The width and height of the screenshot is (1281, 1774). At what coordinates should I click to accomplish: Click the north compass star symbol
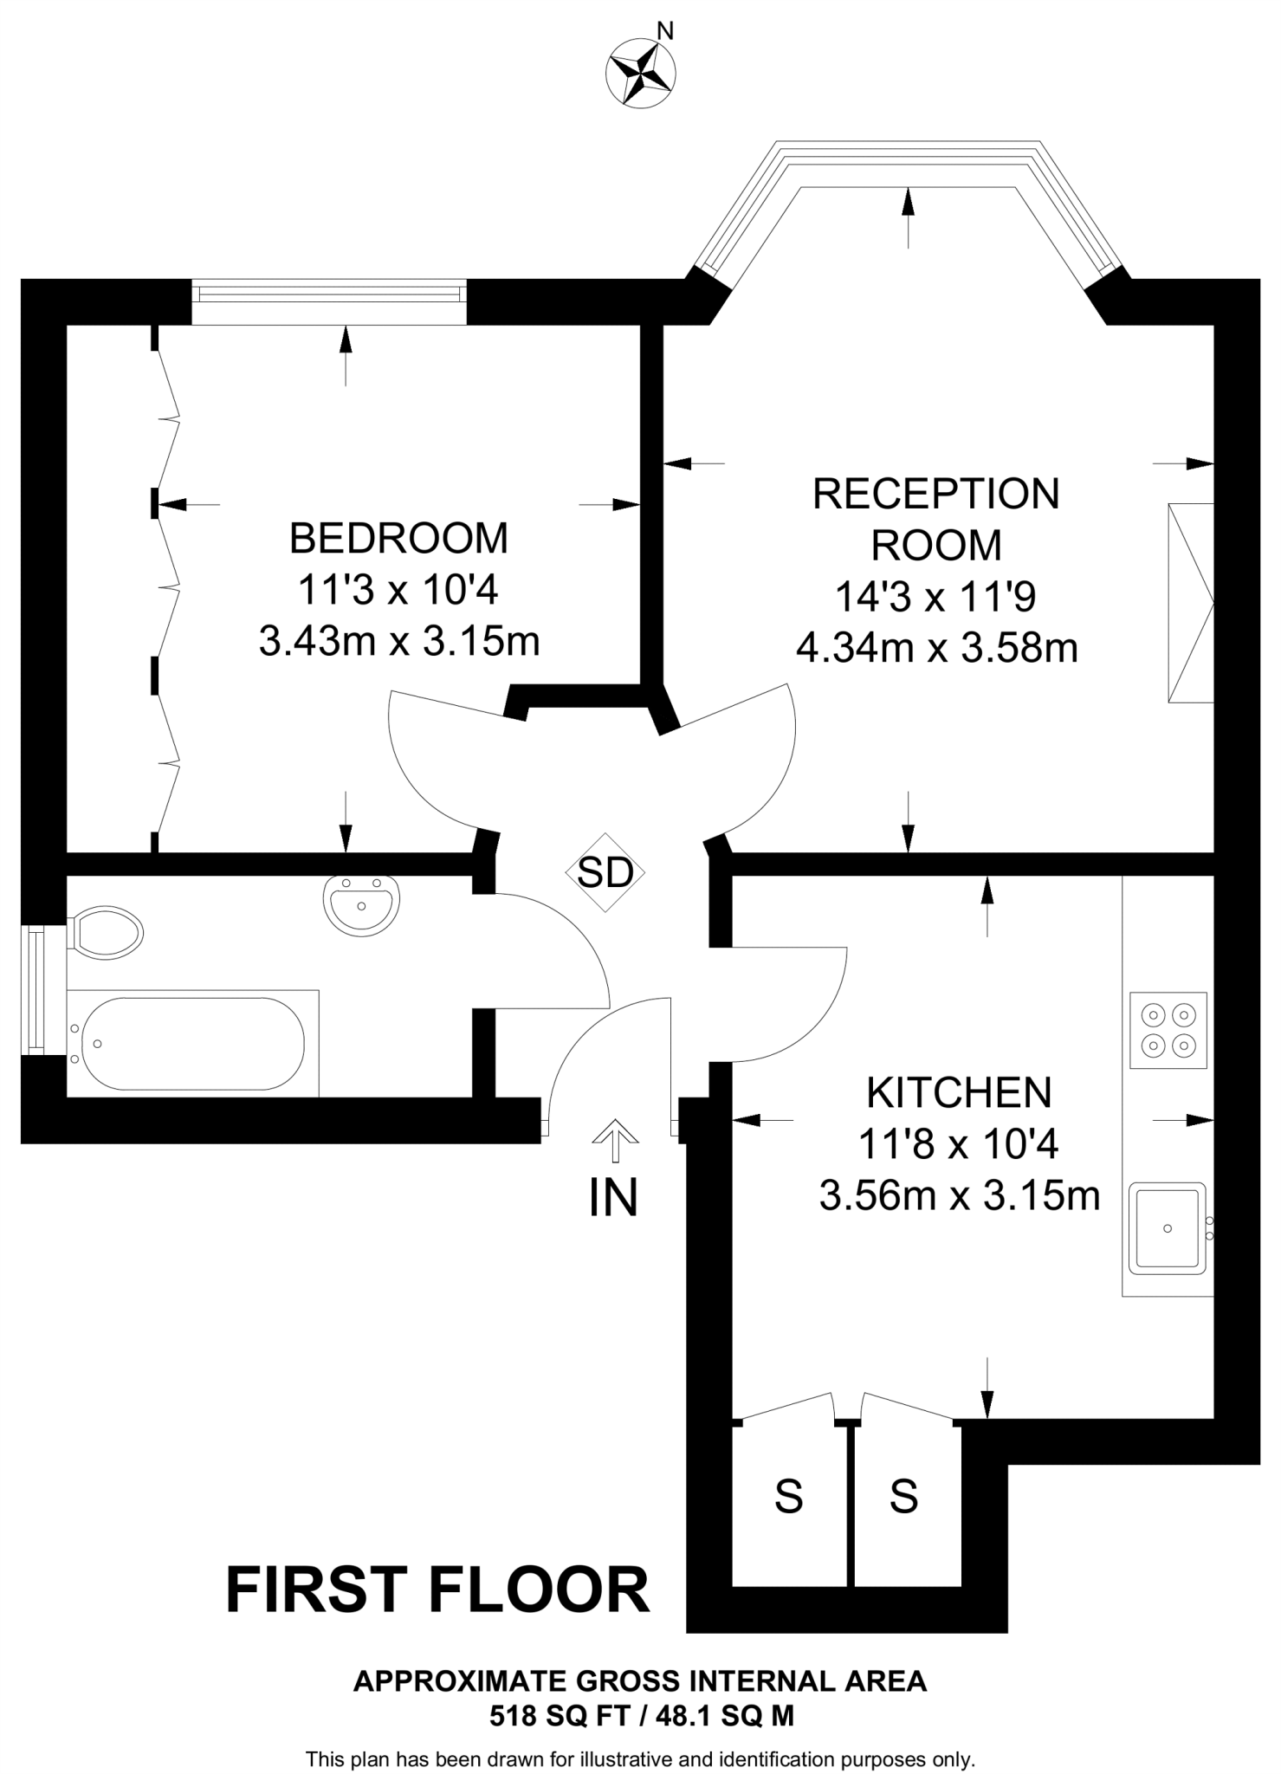pyautogui.click(x=641, y=74)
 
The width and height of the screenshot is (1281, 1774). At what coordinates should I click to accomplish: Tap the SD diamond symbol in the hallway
pyautogui.click(x=605, y=872)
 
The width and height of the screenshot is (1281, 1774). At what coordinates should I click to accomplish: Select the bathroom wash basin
pyautogui.click(x=362, y=906)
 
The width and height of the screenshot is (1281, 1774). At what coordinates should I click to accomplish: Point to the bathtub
pyautogui.click(x=192, y=1043)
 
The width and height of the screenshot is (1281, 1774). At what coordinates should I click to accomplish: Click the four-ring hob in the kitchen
pyautogui.click(x=1168, y=1030)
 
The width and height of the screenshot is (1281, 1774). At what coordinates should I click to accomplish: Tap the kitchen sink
pyautogui.click(x=1168, y=1228)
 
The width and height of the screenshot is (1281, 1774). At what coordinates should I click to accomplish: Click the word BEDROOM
pyautogui.click(x=398, y=538)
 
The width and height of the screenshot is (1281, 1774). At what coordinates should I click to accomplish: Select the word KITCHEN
pyautogui.click(x=959, y=1093)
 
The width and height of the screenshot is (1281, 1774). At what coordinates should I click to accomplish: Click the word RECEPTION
pyautogui.click(x=936, y=494)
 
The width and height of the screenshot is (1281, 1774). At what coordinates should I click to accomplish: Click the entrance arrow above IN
pyautogui.click(x=615, y=1140)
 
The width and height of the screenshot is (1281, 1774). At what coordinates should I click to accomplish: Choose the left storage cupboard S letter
pyautogui.click(x=788, y=1496)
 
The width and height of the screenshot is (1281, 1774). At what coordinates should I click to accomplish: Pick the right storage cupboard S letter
pyautogui.click(x=903, y=1496)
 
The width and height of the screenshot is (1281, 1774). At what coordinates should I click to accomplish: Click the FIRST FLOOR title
pyautogui.click(x=437, y=1590)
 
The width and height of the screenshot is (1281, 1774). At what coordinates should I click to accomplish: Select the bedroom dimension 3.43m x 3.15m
pyautogui.click(x=399, y=642)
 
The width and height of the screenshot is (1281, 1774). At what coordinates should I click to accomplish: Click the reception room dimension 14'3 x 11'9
pyautogui.click(x=936, y=597)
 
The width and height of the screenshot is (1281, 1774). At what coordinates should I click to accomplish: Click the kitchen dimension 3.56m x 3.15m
pyautogui.click(x=960, y=1196)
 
